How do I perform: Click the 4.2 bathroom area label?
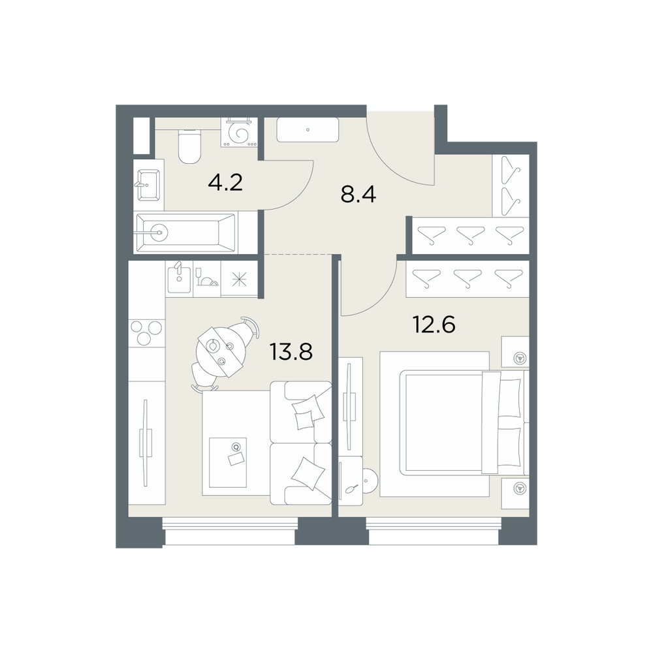tap(225, 182)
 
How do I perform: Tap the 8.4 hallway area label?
tap(358, 194)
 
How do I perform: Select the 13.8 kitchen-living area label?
tap(291, 351)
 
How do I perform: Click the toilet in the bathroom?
tap(189, 146)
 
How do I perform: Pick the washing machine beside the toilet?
tap(240, 132)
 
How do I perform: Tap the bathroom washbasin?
tap(148, 185)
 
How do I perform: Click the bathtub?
tap(185, 232)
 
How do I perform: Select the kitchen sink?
tap(179, 279)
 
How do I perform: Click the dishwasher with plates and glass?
tap(207, 279)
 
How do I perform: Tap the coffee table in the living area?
tap(228, 462)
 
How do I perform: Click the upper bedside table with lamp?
tap(515, 352)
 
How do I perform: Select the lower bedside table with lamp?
tap(515, 493)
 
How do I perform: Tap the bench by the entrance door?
tap(308, 130)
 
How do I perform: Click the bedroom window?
tap(434, 531)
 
